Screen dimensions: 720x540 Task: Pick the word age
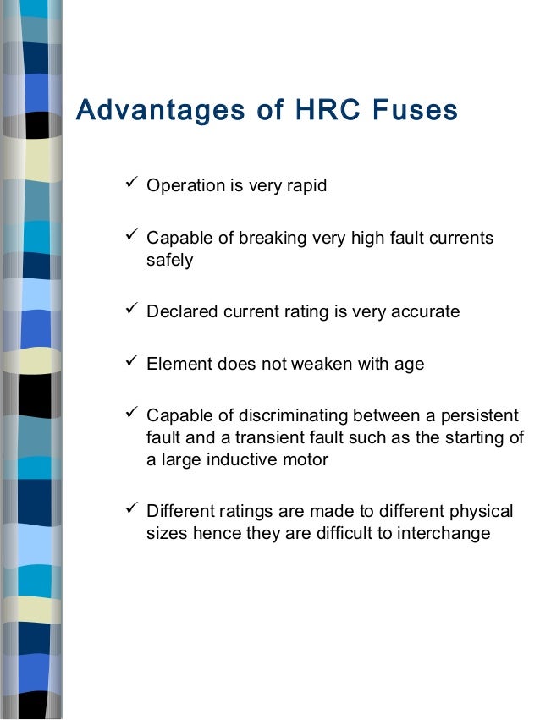click(409, 365)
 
